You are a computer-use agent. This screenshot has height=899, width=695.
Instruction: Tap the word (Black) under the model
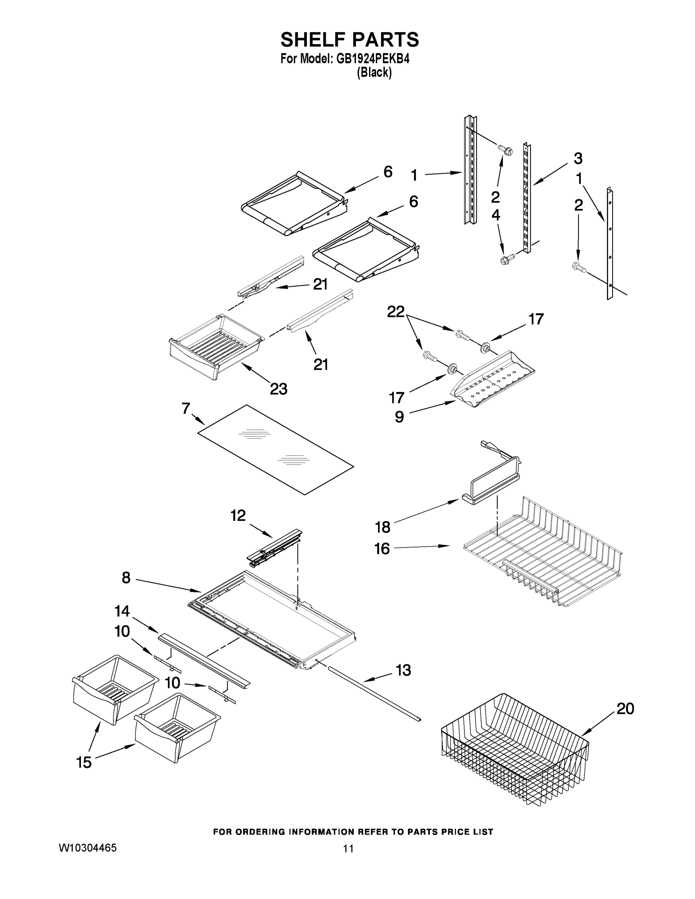tap(374, 73)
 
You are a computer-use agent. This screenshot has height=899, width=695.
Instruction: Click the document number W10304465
tap(88, 848)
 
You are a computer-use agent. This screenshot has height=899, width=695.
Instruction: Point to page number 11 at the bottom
tap(348, 848)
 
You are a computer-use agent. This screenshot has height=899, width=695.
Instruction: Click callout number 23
tap(278, 388)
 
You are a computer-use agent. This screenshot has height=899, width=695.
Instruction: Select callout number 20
tap(625, 709)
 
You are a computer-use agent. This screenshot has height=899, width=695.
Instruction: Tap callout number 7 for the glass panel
tap(186, 408)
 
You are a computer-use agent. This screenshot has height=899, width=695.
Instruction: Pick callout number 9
tap(399, 417)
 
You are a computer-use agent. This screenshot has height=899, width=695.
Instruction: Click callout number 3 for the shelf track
tap(578, 158)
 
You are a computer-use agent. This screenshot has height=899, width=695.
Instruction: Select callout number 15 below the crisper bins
tap(84, 762)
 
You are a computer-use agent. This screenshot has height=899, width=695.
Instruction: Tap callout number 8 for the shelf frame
tap(126, 578)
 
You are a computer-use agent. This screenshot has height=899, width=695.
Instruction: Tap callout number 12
tap(238, 515)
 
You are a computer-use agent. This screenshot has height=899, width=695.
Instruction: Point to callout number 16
tap(382, 548)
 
